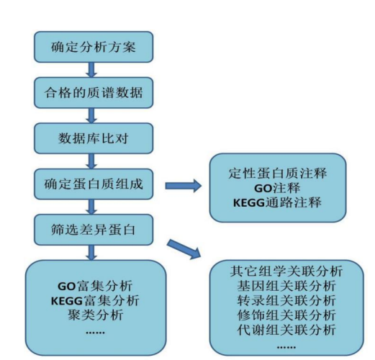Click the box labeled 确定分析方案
click(94, 47)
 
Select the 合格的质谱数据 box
click(94, 93)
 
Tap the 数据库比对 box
click(94, 138)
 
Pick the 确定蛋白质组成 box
click(94, 184)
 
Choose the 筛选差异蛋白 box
click(94, 230)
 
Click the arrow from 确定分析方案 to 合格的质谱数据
click(91, 70)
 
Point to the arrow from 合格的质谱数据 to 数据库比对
click(91, 115)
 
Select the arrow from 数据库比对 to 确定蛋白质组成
click(91, 161)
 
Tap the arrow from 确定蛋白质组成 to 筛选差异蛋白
click(91, 207)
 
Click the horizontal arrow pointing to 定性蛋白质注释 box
click(184, 186)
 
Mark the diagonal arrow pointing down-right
click(184, 249)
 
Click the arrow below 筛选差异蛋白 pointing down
click(91, 253)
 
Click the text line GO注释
click(277, 188)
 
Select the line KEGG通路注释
click(277, 203)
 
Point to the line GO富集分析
click(95, 286)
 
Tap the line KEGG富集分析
click(95, 301)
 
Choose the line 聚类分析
click(95, 315)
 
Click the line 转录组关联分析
click(286, 300)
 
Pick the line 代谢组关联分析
click(286, 330)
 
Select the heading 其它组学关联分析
click(286, 271)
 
